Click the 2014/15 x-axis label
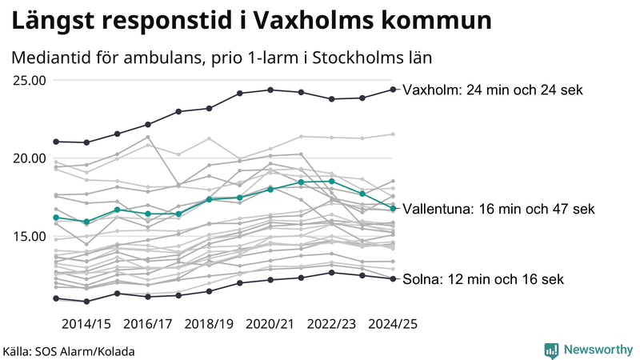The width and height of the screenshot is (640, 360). pos(86,324)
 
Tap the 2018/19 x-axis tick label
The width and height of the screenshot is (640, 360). pos(210,324)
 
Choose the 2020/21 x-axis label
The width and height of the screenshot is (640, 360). pos(270,324)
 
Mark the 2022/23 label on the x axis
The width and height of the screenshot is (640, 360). pos(332,324)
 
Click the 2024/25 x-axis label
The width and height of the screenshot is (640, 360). pos(393,324)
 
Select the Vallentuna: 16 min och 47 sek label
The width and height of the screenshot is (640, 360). pos(498,209)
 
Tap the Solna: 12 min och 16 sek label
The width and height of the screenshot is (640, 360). pos(484,279)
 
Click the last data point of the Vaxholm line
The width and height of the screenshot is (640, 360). pos(393,89)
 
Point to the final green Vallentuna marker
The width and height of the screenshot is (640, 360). pos(393,208)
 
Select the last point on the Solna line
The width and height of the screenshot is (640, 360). pos(393,278)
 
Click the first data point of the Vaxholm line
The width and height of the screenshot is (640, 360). pos(56,142)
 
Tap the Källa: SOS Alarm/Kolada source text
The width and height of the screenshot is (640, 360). pos(69,351)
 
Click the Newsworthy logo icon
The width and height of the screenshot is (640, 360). pos(551,350)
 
